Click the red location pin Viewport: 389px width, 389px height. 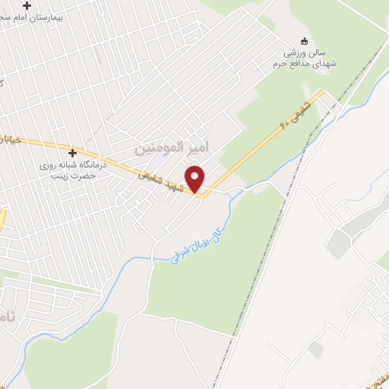(x=195, y=178)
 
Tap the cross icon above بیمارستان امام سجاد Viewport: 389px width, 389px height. (x=27, y=5)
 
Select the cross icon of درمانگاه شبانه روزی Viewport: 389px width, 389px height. (x=73, y=153)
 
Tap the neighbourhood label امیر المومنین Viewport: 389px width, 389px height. (x=171, y=147)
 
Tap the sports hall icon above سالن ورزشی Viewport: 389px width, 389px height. (x=305, y=41)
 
